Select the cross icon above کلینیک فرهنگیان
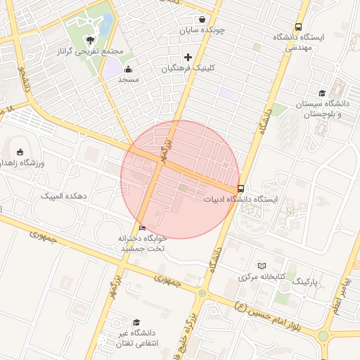click(188, 57)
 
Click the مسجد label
click(128, 80)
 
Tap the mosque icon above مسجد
click(128, 69)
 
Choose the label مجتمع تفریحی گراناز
click(93, 51)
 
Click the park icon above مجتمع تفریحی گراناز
click(89, 39)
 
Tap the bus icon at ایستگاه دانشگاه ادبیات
click(241, 188)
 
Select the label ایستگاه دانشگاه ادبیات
click(241, 200)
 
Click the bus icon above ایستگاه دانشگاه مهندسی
click(299, 26)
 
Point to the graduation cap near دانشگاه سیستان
click(322, 93)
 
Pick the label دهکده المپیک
click(63, 195)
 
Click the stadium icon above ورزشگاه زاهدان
click(20, 152)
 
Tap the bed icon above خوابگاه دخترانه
click(143, 228)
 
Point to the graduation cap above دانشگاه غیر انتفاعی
click(135, 321)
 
